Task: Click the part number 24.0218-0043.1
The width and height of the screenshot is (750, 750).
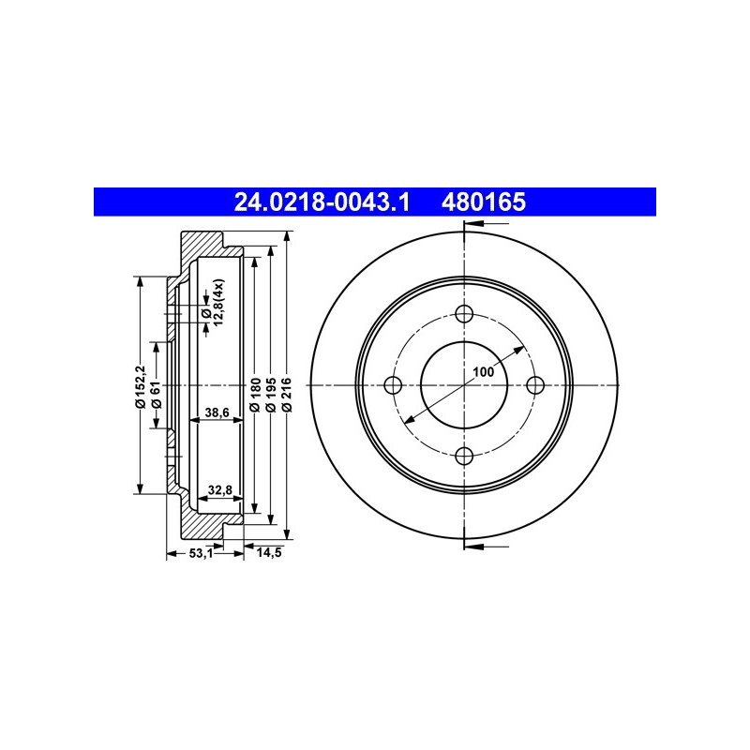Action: coord(322,202)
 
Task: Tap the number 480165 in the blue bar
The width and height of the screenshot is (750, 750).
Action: coord(484,202)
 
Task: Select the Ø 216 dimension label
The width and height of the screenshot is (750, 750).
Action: coord(287,395)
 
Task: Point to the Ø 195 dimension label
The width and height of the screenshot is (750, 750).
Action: coord(270,395)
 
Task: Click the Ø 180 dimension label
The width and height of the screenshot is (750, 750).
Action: coord(255,395)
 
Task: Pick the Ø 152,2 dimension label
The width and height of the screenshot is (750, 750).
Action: coord(140,386)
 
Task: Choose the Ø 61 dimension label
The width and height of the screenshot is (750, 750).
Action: coord(156,395)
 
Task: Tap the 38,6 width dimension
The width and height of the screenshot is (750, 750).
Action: coord(217,412)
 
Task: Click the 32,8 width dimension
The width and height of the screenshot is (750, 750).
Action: coord(220,489)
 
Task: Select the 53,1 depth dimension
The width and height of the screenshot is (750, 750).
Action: coord(201,553)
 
